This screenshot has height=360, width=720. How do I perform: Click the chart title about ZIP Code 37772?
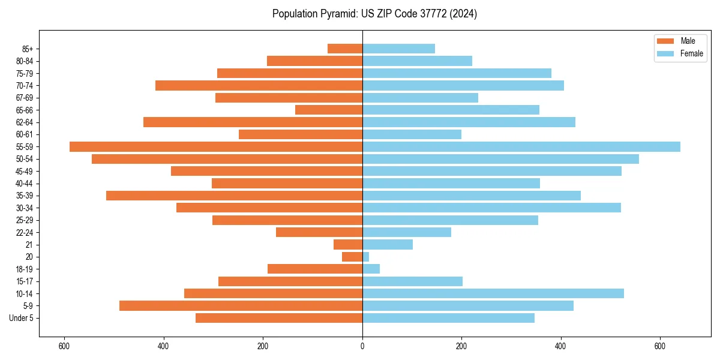[374, 14]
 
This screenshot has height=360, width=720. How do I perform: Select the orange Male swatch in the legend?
[666, 41]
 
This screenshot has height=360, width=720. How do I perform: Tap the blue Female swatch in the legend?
[666, 53]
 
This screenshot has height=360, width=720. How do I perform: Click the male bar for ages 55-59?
[216, 146]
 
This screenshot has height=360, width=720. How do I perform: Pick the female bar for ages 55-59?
[521, 146]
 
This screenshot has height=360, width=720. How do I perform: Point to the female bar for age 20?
[365, 257]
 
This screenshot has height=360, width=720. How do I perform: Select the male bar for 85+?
[345, 49]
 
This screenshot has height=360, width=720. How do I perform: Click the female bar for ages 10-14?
[493, 293]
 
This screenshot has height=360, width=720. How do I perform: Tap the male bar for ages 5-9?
[241, 305]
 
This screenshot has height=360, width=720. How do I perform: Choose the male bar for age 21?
[348, 244]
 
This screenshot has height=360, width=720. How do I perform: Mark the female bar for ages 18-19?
[371, 269]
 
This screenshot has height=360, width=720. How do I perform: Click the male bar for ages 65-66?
[329, 110]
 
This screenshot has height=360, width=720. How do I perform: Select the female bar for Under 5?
[448, 318]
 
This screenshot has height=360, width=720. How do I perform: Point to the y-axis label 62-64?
[25, 122]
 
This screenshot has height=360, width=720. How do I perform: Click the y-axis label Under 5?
[22, 318]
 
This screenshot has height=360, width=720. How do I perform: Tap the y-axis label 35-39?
[25, 196]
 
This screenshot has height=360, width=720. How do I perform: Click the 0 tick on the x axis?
[362, 346]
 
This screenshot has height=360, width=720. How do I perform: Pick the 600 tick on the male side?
[64, 346]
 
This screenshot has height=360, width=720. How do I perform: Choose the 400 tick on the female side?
[560, 346]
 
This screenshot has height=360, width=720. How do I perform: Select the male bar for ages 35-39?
[234, 196]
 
